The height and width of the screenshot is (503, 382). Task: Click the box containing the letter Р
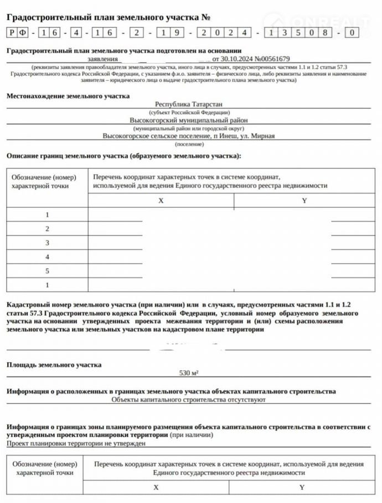(12, 33)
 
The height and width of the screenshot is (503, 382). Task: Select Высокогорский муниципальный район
(189, 119)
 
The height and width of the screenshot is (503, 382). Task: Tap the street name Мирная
(262, 135)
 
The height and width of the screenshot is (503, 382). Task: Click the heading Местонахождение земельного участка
(68, 96)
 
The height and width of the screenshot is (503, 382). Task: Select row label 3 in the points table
(48, 243)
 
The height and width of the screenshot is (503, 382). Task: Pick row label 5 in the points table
(48, 271)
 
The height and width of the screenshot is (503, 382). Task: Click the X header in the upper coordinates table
(161, 201)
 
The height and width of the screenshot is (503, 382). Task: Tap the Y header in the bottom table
(302, 488)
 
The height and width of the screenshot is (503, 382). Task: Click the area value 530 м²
(189, 373)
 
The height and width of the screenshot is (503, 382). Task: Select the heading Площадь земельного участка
(54, 365)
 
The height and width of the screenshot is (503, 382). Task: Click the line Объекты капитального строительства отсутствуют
(189, 399)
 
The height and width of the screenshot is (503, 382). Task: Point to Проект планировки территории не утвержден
(76, 443)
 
